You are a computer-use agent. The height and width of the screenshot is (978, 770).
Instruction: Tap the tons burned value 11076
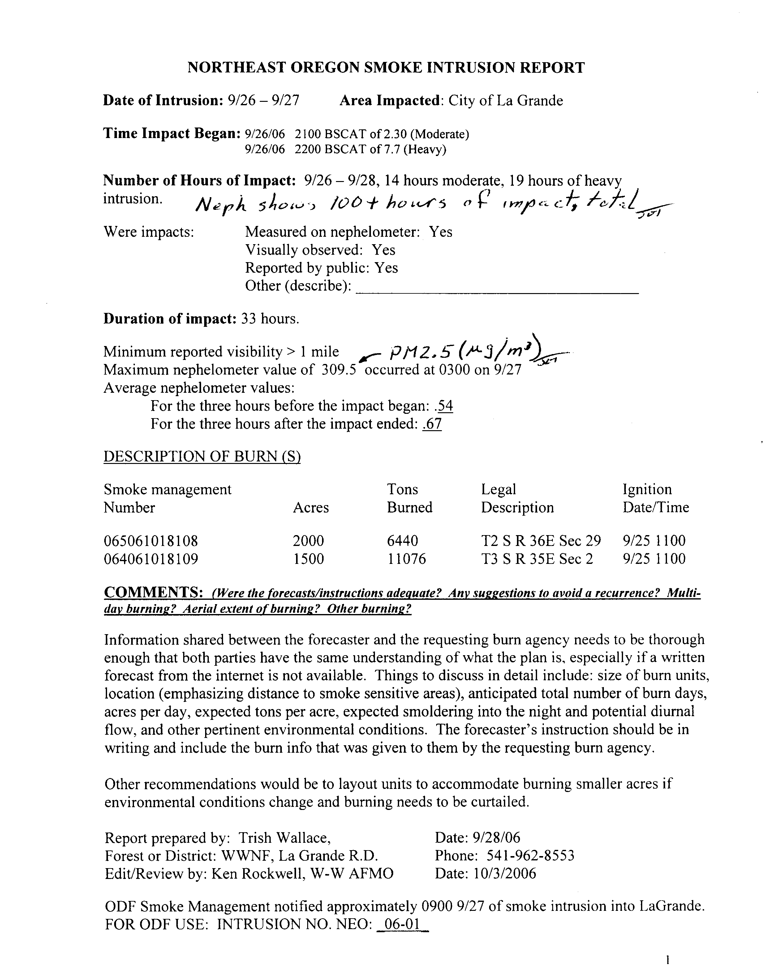click(x=406, y=559)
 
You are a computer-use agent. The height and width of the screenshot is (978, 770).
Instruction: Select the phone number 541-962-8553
click(x=531, y=855)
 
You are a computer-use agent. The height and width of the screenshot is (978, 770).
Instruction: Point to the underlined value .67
click(x=432, y=424)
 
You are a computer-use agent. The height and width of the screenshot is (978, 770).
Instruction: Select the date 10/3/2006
click(x=505, y=873)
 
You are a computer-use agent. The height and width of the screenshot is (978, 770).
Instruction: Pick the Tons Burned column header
click(x=409, y=498)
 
